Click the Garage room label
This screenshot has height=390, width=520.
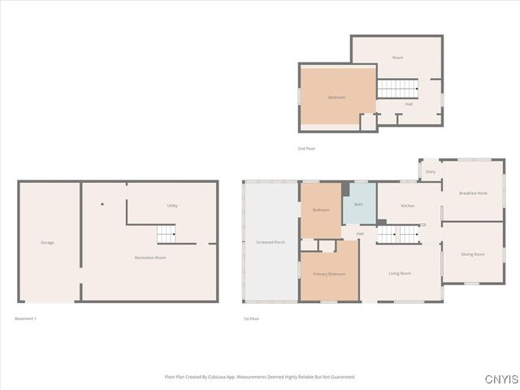47,242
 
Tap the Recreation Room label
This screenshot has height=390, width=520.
150,258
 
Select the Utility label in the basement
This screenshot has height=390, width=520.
171,206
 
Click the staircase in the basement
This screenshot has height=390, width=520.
166,235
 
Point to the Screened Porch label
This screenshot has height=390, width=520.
271,242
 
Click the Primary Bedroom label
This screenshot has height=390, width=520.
329,274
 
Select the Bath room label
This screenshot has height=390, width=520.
358,204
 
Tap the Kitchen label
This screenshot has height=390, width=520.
408,206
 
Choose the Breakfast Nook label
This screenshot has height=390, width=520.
473,193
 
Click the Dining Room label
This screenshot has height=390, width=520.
473,254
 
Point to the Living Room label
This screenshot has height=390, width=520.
400,273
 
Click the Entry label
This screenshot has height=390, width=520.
431,171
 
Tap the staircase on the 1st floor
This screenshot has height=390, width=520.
398,235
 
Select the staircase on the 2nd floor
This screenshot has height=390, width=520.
398,88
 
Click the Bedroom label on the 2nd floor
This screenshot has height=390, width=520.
336,97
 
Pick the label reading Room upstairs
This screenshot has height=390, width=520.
397,58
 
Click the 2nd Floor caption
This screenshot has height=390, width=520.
306,149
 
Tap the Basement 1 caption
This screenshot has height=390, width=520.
26,318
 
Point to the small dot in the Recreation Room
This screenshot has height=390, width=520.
102,204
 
